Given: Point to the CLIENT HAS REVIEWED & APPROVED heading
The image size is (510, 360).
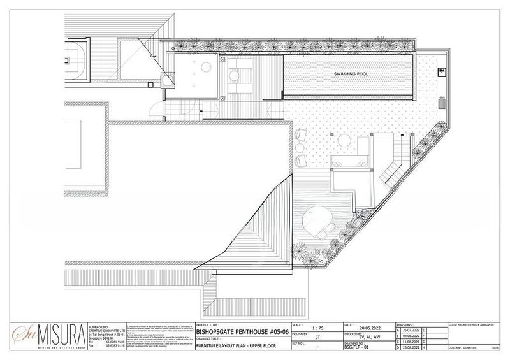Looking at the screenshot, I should pos(475,324).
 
